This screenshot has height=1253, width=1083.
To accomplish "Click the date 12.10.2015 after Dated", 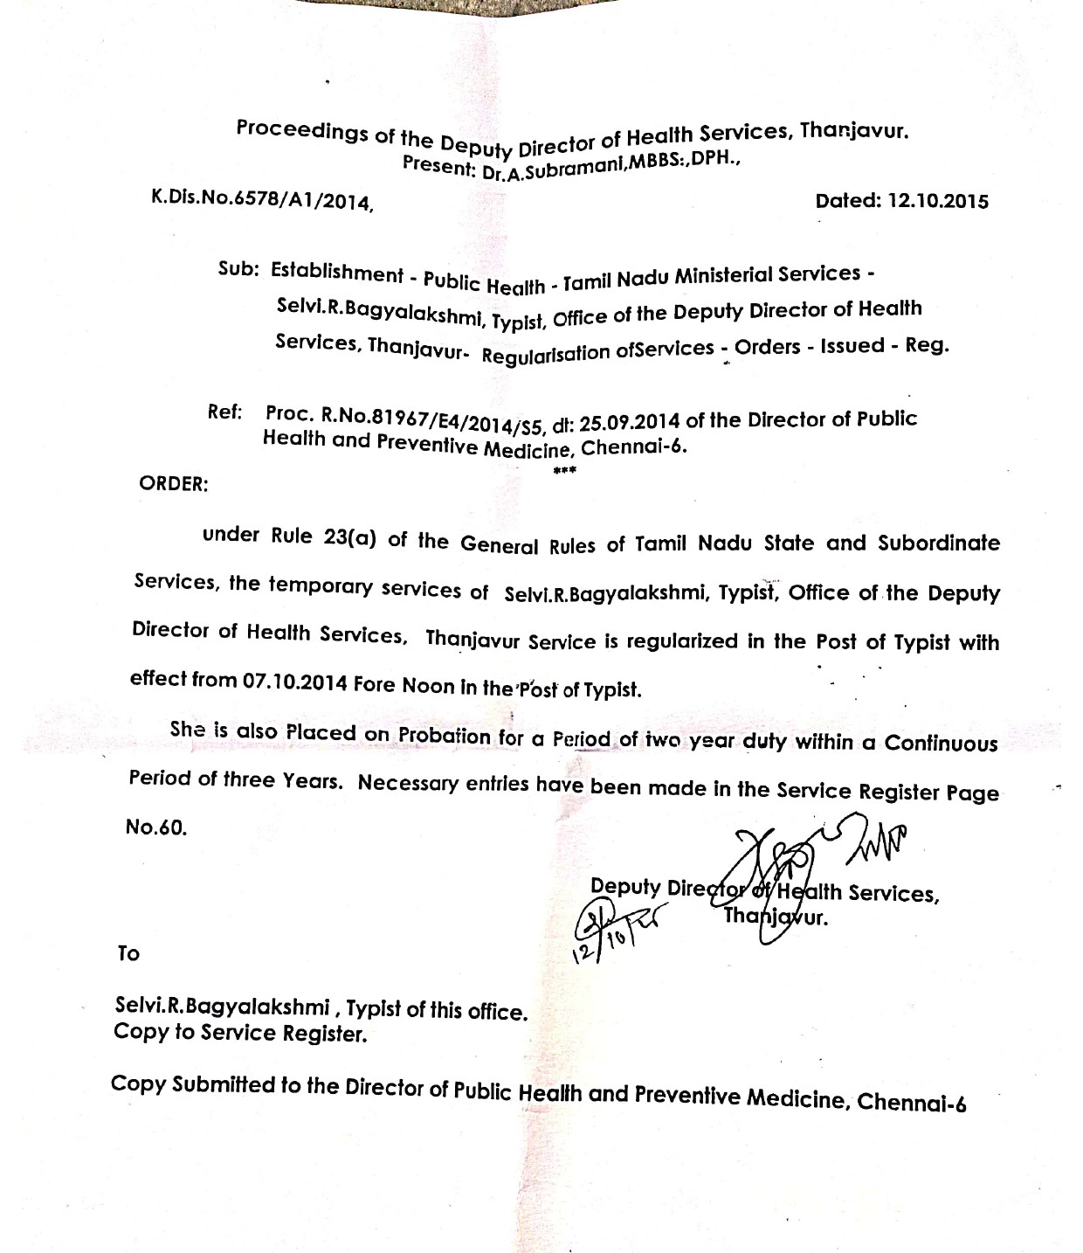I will coord(938,202).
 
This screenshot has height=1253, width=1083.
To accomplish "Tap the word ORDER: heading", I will coord(174,485).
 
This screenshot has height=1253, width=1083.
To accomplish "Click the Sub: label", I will coord(238,268).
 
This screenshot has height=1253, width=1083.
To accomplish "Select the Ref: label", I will coord(224,412).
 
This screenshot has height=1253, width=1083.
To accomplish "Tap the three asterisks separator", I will coord(564,472).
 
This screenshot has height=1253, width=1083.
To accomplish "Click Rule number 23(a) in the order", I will coord(350,537).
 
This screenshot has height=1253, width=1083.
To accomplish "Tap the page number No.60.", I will coord(156,827).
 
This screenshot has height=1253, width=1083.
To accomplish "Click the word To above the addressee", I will coord(128,953).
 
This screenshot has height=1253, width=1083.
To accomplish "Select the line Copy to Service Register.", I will coord(240,1034).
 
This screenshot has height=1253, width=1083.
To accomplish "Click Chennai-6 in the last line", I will coord(911,1102).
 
